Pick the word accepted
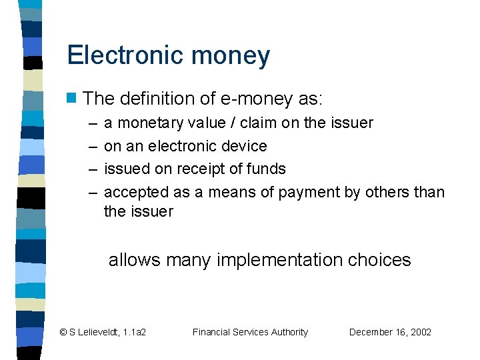(x=136, y=193)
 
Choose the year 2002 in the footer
(x=419, y=332)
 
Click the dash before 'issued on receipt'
(x=91, y=169)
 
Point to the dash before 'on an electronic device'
(x=91, y=146)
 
